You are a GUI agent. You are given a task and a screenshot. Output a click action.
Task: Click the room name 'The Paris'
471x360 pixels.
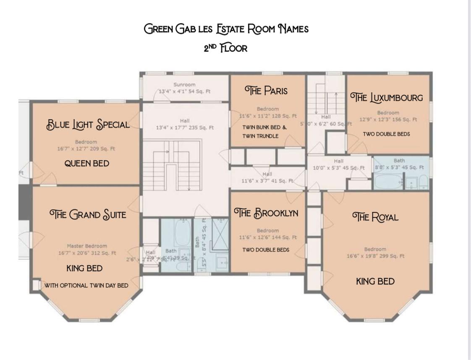click(x=266, y=91)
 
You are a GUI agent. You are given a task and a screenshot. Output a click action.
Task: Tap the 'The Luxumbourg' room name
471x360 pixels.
click(x=386, y=98)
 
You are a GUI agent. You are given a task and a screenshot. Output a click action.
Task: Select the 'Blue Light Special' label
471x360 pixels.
click(x=88, y=125)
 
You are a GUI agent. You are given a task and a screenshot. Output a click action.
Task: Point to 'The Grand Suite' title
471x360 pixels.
click(x=87, y=215)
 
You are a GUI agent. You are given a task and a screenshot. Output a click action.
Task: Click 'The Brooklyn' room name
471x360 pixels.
click(x=266, y=213)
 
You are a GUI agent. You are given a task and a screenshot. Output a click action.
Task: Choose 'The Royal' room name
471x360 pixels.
click(x=375, y=217)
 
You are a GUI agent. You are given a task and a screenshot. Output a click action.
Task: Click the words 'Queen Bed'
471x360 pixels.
click(x=86, y=164)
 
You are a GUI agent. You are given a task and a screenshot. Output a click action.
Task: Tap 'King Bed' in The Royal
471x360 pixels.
click(x=375, y=282)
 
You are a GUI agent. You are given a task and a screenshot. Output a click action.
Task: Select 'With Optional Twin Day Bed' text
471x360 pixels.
click(x=86, y=285)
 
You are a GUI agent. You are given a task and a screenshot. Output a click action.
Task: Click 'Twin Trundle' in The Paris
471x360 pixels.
click(x=260, y=136)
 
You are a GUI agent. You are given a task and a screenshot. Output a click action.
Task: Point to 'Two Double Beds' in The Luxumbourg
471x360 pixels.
click(x=386, y=134)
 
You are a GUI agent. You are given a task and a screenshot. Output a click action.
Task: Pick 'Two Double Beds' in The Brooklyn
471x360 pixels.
click(x=266, y=250)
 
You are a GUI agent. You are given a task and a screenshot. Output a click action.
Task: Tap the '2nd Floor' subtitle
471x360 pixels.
click(x=225, y=48)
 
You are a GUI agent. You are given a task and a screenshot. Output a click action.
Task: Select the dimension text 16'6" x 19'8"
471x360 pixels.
click(x=375, y=256)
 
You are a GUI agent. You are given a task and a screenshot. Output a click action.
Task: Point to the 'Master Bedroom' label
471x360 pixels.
click(x=87, y=246)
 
